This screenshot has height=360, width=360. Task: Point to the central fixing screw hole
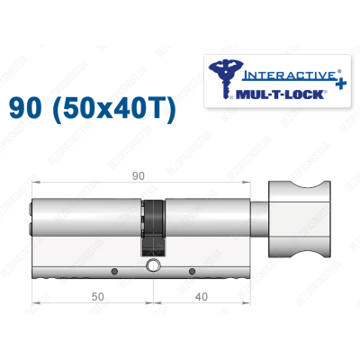(154, 266)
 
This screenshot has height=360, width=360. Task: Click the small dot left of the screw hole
(114, 271)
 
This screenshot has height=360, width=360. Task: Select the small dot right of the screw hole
(192, 271)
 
